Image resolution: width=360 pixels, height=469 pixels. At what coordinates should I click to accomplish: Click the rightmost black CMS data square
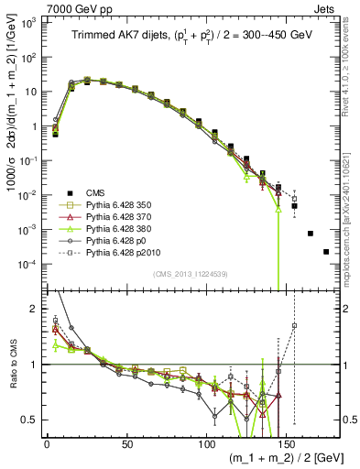click(x=326, y=251)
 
